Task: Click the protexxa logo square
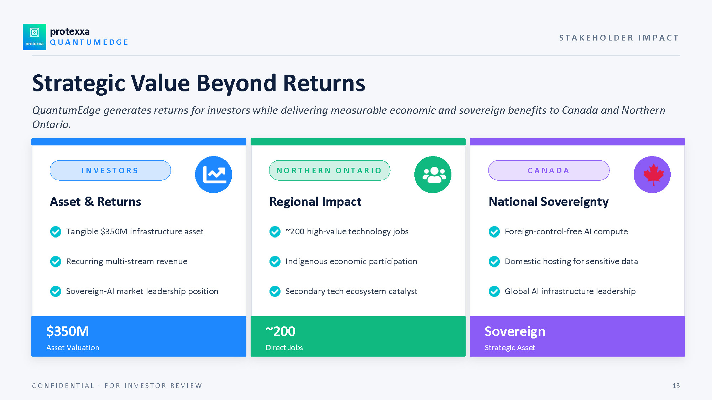[35, 37]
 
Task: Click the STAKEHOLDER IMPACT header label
[619, 38]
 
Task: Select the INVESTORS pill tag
[110, 170]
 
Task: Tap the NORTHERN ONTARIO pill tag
[330, 170]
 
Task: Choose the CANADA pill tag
[549, 170]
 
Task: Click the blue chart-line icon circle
[214, 175]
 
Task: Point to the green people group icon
[433, 175]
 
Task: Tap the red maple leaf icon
[653, 174]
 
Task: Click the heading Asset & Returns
[95, 202]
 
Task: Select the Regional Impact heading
[315, 202]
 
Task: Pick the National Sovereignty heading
[549, 202]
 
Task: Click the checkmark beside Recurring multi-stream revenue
[56, 261]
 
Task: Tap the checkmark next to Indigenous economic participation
[275, 261]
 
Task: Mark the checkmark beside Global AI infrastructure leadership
[494, 291]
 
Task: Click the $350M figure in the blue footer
[68, 331]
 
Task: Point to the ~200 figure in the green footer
[281, 331]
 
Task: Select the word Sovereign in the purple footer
[515, 331]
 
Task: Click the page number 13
[676, 386]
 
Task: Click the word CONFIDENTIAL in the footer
[63, 386]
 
